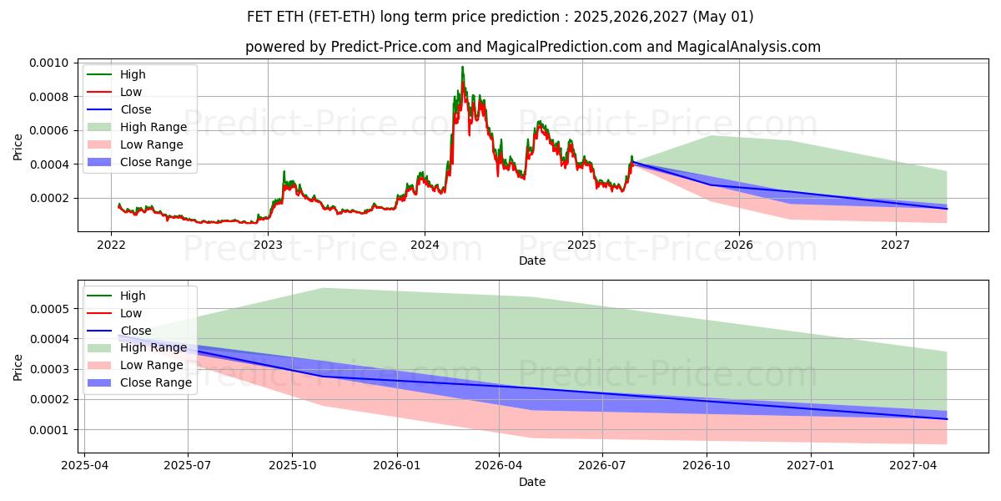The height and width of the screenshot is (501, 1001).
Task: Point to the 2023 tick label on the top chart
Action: coord(268,245)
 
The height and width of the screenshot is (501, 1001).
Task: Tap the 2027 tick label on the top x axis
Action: coord(896,245)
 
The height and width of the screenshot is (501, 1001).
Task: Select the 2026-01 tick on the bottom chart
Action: coord(395,466)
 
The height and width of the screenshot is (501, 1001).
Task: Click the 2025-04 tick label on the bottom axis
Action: coord(84,466)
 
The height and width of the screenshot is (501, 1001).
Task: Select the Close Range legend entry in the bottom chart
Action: coord(155,382)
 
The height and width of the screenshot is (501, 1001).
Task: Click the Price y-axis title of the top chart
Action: coord(18,147)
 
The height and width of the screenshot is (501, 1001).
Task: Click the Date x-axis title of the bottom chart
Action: coord(532,482)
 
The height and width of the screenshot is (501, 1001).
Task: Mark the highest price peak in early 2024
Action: coord(462,68)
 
